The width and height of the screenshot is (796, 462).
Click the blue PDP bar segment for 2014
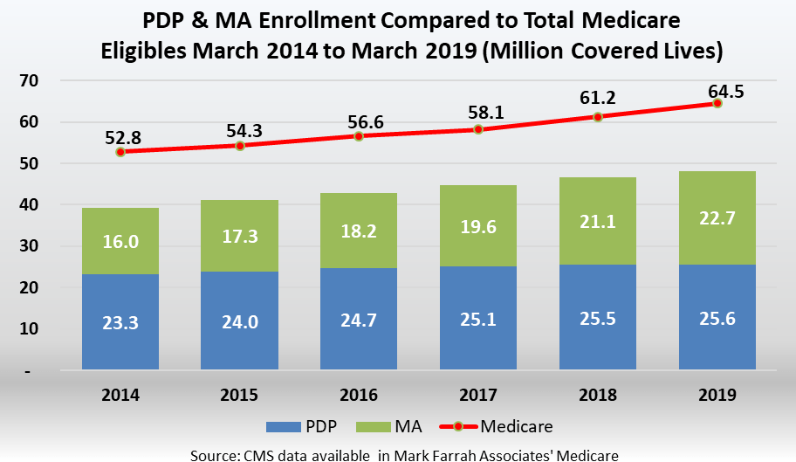(x=120, y=322)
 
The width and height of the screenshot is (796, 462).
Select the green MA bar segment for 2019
(x=717, y=217)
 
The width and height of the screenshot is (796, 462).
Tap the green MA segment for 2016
(x=359, y=231)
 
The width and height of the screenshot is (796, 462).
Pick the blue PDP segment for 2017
(x=478, y=318)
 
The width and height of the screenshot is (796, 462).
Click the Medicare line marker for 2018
(x=598, y=116)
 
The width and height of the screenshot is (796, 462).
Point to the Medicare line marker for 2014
(x=120, y=151)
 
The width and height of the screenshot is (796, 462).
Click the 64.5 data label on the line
(x=717, y=86)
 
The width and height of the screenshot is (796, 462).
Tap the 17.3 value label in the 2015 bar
(x=240, y=236)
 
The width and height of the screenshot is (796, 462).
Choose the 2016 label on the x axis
(x=359, y=395)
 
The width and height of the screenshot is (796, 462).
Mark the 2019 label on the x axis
(x=717, y=395)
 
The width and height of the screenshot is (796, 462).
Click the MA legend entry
(x=393, y=427)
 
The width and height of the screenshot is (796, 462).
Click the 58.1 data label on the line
(x=478, y=112)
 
